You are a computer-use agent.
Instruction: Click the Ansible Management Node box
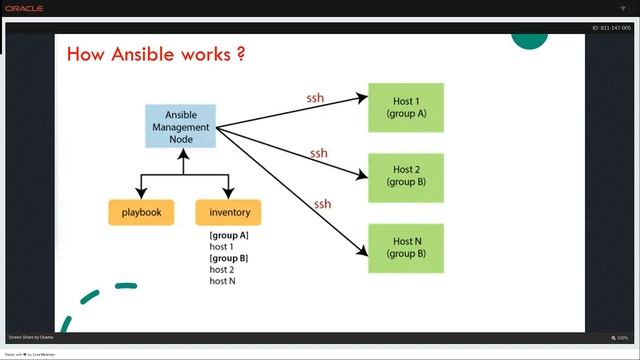point(180,126)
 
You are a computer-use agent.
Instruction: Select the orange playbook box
point(141,212)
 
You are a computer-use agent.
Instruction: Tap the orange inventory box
point(229,212)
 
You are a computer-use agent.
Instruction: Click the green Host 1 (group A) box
point(406,107)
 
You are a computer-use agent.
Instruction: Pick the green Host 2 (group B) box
point(406,177)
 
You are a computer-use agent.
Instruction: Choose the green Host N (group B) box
point(406,247)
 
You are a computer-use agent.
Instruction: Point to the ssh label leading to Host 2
point(318,153)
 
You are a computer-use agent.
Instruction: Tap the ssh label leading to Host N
point(322,204)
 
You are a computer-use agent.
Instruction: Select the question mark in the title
point(241,53)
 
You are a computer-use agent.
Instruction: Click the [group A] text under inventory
point(229,235)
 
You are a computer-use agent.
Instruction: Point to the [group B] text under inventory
point(229,258)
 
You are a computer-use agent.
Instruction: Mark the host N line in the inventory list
point(223,281)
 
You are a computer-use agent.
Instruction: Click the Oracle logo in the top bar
point(25,8)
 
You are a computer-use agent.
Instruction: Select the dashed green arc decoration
point(95,300)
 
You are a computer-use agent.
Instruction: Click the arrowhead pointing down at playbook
point(141,194)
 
